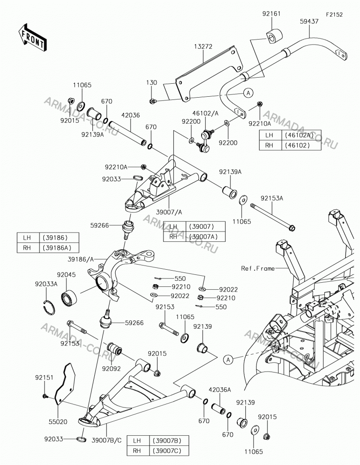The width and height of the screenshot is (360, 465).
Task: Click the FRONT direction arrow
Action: [x=32, y=37]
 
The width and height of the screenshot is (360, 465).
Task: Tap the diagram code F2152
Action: [x=334, y=14]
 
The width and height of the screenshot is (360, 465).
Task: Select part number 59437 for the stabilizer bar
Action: [x=309, y=21]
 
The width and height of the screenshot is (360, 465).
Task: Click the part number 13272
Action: [x=203, y=46]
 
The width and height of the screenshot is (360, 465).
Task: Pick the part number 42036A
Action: [x=220, y=390]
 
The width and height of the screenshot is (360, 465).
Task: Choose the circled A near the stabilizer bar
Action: [x=249, y=93]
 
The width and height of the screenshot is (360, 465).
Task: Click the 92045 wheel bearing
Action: [x=69, y=298]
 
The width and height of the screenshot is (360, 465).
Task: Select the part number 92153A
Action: [x=272, y=198]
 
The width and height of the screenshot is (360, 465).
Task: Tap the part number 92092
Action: [x=111, y=369]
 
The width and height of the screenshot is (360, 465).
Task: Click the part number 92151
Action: [x=44, y=378]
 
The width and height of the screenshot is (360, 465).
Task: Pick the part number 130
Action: [x=151, y=82]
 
